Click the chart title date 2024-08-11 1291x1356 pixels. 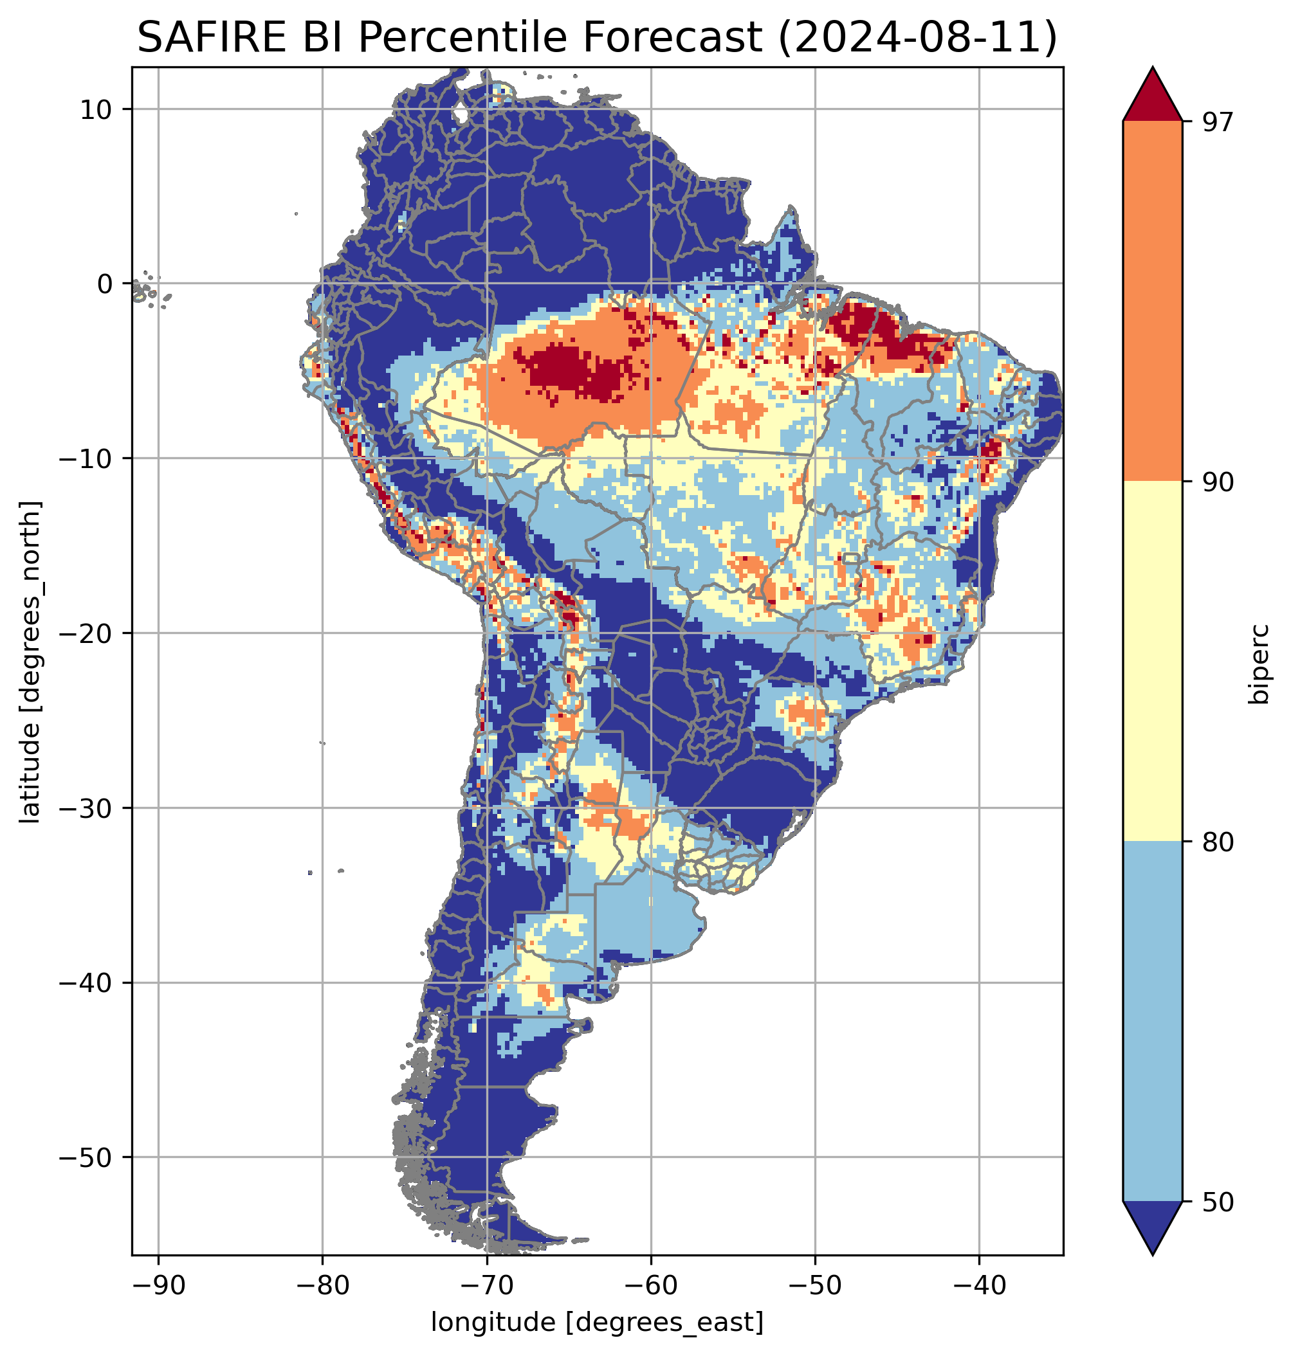916,38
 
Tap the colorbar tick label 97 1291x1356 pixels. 1218,122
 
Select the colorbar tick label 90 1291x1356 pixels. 1218,482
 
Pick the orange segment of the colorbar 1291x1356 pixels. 1152,302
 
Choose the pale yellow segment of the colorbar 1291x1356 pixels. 1152,661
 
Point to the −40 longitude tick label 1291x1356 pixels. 978,1285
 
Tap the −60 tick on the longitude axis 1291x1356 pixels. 650,1285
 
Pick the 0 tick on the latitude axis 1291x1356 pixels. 105,284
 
